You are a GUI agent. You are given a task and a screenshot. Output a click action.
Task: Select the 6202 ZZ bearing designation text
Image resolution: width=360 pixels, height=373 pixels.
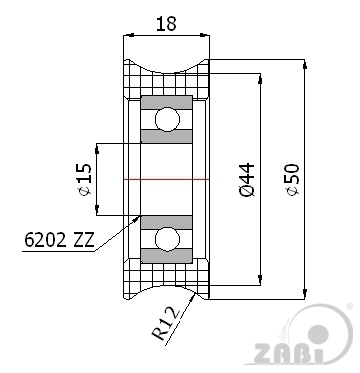click(58, 239)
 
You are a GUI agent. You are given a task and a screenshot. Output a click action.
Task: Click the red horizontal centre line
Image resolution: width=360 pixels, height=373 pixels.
click(166, 179)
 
